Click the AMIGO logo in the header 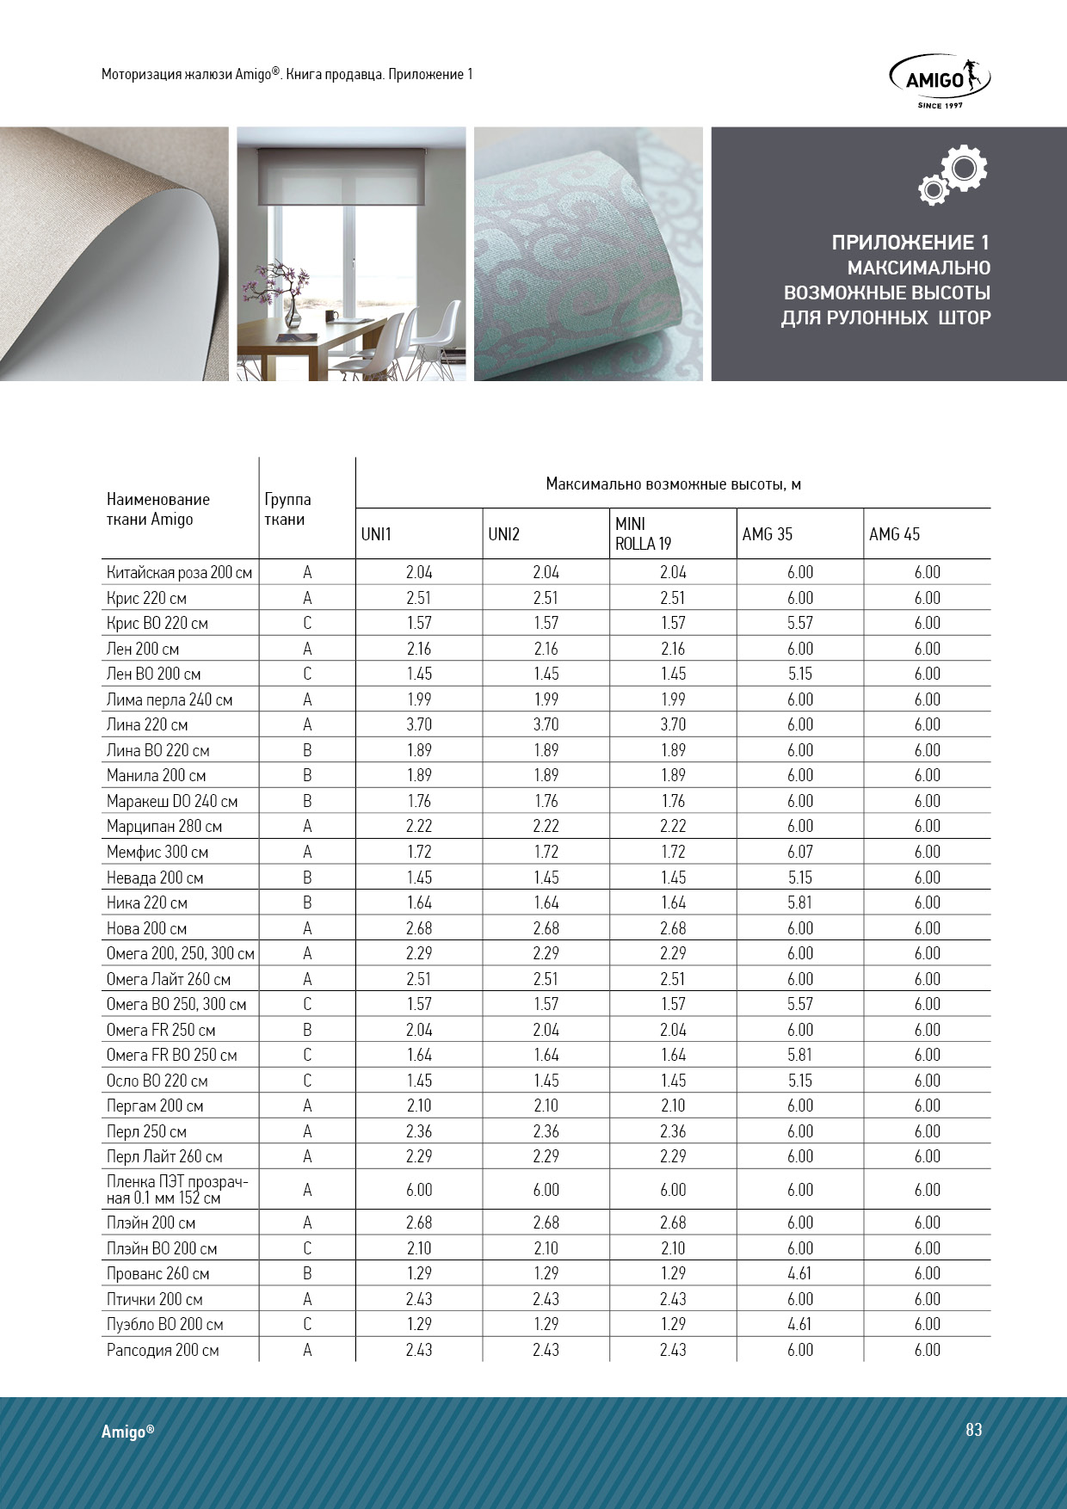[940, 80]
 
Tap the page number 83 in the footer [973, 1429]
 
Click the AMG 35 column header [767, 534]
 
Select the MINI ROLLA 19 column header [643, 533]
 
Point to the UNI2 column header [503, 534]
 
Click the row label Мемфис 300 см [157, 852]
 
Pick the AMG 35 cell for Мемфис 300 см [799, 852]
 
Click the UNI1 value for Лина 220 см [419, 724]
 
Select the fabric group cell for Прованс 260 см [307, 1273]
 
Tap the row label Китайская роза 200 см [179, 572]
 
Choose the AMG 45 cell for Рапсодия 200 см [927, 1350]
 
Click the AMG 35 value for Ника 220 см [799, 902]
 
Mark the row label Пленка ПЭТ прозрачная [177, 1190]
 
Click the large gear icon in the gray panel [963, 168]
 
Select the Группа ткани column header [287, 509]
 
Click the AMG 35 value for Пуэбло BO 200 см [799, 1324]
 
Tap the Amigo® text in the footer [127, 1432]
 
